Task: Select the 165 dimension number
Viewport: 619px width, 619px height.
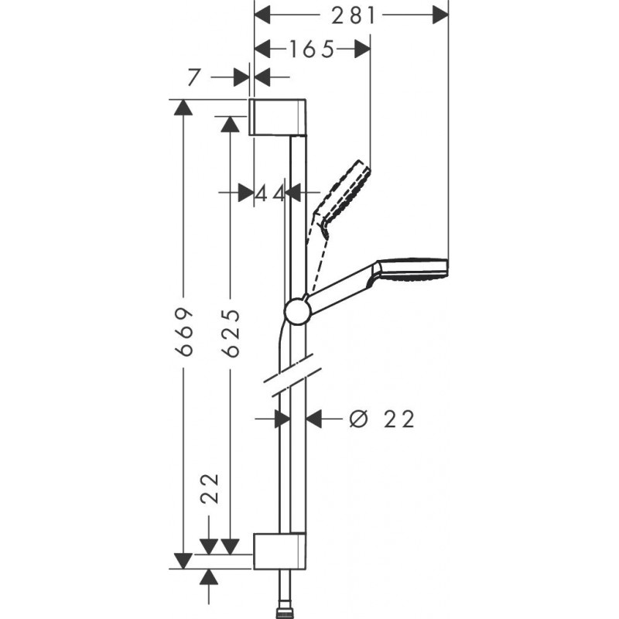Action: pos(312,50)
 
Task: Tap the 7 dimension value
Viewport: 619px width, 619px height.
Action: pos(193,77)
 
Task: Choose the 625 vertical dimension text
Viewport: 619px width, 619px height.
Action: pos(230,333)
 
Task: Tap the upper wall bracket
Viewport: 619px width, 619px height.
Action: pos(279,117)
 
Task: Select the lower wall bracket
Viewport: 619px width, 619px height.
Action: pos(279,550)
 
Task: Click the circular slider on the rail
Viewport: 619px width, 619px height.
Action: pos(297,311)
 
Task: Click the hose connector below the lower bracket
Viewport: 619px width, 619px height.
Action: pos(288,599)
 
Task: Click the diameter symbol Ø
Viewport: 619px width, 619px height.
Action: pos(357,419)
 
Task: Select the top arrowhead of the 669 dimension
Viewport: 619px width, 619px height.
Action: pos(183,108)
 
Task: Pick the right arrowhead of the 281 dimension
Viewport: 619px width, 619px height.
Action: pos(440,15)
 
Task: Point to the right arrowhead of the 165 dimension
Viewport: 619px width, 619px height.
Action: pos(362,50)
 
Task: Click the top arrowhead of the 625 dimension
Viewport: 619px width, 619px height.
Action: pos(228,124)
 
